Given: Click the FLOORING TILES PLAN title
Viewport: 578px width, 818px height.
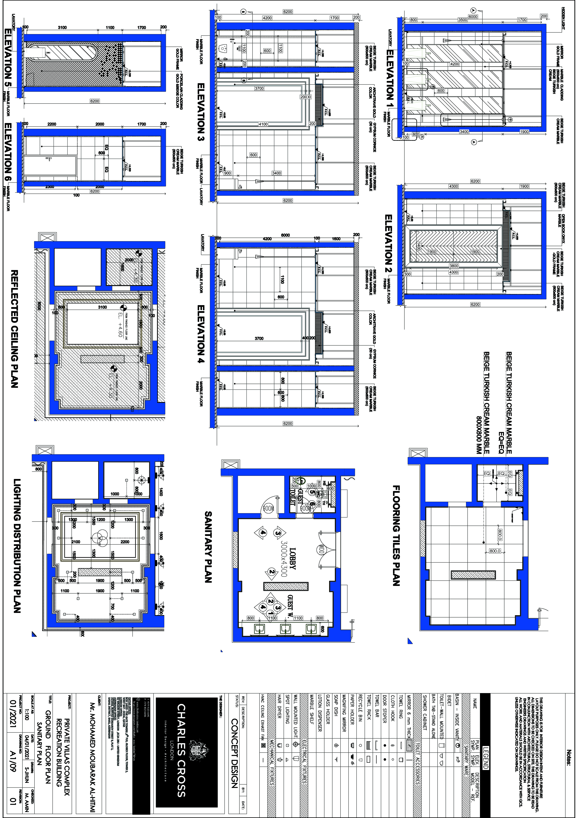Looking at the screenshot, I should coord(396,535).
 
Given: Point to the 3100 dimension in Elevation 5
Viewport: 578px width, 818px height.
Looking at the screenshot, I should coord(62,27).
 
